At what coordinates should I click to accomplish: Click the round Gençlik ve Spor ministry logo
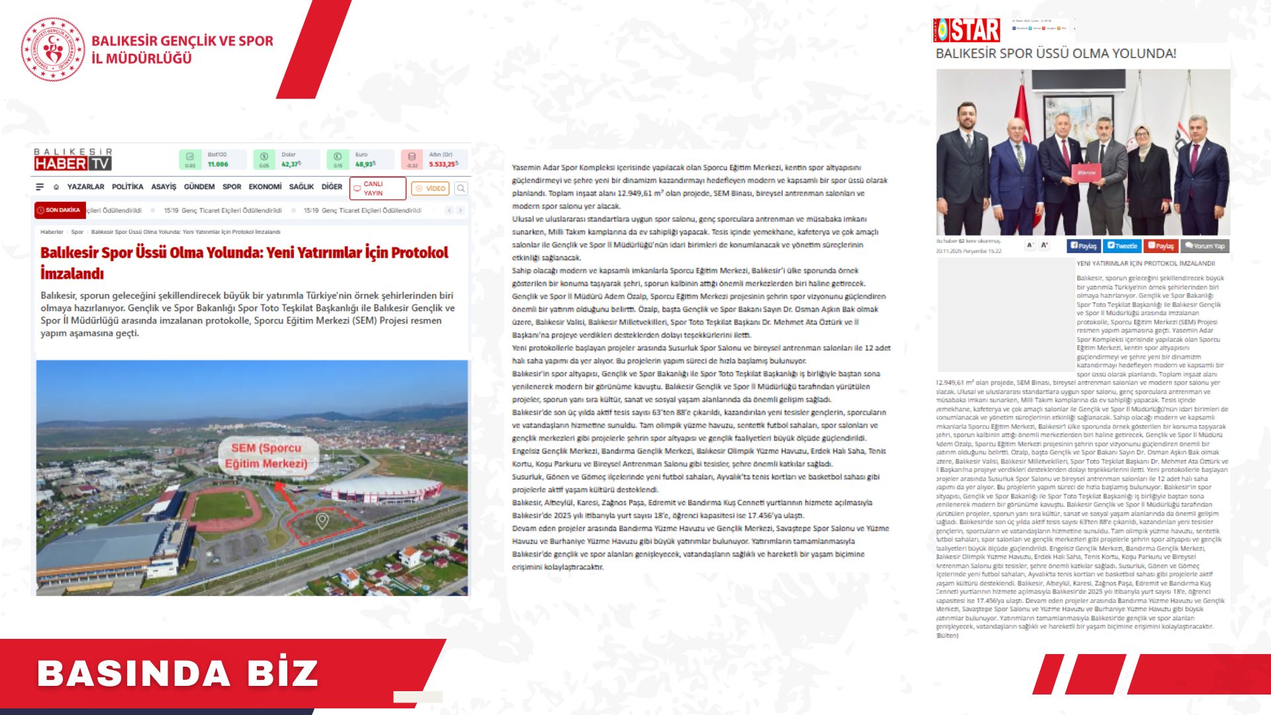click(53, 50)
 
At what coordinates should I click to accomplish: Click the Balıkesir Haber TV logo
click(73, 160)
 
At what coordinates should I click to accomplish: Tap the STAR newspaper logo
click(966, 30)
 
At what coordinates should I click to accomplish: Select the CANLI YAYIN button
click(377, 189)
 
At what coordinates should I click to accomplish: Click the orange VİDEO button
click(430, 189)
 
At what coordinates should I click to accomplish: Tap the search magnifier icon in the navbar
click(461, 189)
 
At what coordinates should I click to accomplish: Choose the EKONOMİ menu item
click(265, 187)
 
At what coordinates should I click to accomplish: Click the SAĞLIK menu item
click(301, 187)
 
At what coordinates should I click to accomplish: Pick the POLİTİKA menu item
click(127, 187)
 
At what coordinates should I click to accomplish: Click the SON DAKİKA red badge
click(59, 211)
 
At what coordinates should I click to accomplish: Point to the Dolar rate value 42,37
click(291, 164)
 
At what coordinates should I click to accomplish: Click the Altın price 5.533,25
click(443, 164)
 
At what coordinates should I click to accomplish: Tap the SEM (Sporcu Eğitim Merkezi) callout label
click(266, 455)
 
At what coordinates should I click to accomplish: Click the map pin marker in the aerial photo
click(322, 520)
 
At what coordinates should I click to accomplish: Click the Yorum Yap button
click(1205, 246)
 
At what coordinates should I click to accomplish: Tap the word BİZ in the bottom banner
click(283, 673)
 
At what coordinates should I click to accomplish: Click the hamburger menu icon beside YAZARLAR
click(40, 187)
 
